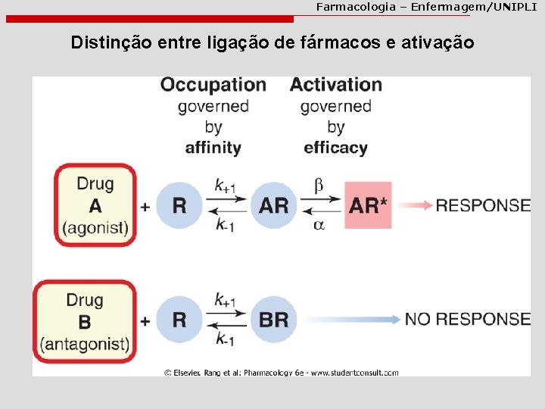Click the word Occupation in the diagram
click(x=213, y=85)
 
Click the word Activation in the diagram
click(x=335, y=85)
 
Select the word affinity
click(x=213, y=148)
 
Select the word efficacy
click(x=335, y=148)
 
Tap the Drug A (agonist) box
click(x=95, y=205)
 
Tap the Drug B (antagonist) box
click(x=95, y=321)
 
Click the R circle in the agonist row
click(x=179, y=205)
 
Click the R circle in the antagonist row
click(x=179, y=320)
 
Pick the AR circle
click(x=273, y=205)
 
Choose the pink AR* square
click(x=368, y=205)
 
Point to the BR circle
click(x=273, y=320)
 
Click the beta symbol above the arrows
click(x=319, y=186)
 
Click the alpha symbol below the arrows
click(x=319, y=225)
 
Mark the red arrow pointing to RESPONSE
click(x=414, y=205)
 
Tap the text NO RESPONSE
click(x=467, y=319)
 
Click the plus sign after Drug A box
click(x=145, y=206)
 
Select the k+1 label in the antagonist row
click(x=225, y=300)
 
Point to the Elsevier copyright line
click(x=281, y=372)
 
